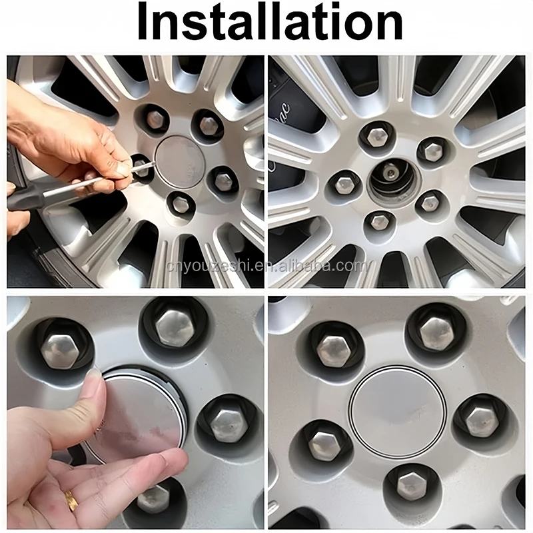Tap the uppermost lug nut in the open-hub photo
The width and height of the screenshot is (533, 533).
(x=378, y=137)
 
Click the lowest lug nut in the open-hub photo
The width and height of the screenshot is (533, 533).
(x=380, y=221)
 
